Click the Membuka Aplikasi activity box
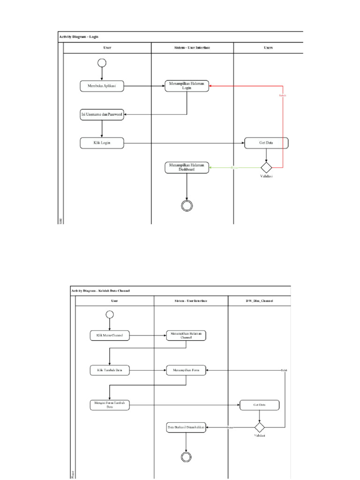click(102, 86)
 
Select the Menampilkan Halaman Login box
click(187, 86)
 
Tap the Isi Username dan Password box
click(102, 114)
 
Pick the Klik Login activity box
click(102, 143)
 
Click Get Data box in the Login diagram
click(266, 143)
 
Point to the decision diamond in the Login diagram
click(266, 167)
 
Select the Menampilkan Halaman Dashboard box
click(187, 167)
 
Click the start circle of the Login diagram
click(102, 63)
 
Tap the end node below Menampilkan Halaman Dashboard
click(187, 206)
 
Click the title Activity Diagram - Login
click(79, 37)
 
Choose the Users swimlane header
click(268, 48)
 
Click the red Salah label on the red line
click(282, 96)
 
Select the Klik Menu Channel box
click(110, 335)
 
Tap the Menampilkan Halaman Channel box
click(186, 335)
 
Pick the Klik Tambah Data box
click(110, 370)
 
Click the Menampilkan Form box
click(186, 370)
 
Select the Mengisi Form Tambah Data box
click(110, 405)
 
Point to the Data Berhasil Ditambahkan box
click(186, 427)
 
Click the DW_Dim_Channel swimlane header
click(259, 300)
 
